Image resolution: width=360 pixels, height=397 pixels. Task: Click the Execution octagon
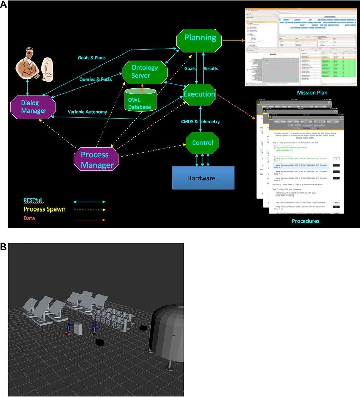(199, 94)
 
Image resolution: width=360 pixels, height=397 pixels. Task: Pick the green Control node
(202, 143)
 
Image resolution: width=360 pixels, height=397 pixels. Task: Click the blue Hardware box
(203, 178)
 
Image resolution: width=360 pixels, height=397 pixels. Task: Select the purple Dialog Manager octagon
(33, 107)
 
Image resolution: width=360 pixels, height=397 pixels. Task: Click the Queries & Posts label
(95, 79)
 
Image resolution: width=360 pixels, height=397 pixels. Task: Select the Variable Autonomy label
(87, 112)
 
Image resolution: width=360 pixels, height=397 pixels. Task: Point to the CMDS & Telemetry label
(200, 121)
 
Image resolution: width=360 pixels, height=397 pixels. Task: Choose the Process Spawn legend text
(44, 209)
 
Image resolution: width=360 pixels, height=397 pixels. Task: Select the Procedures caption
(305, 221)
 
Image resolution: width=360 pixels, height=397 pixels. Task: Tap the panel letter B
(3, 247)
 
